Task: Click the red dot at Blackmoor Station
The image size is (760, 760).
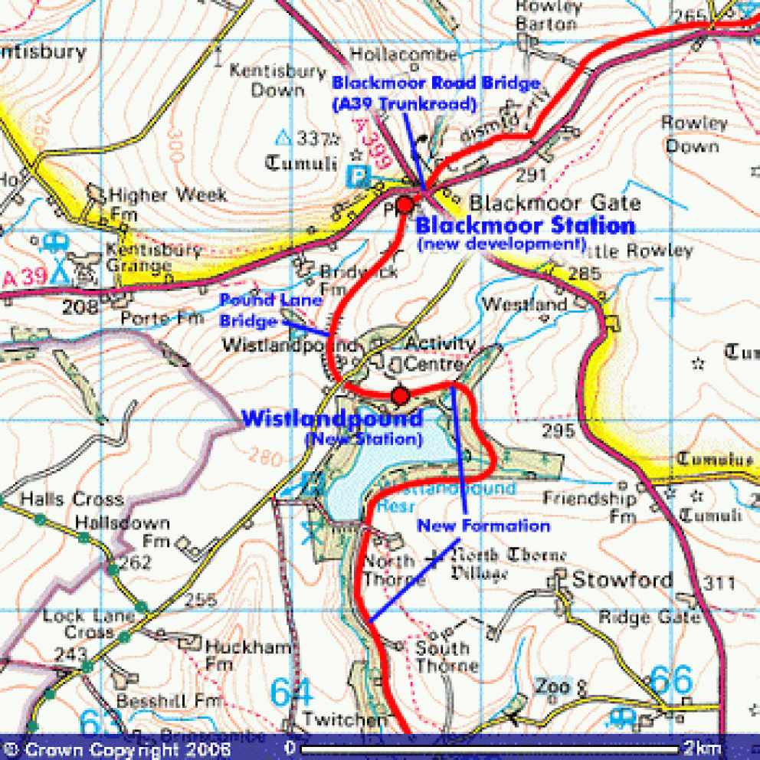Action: pos(405,205)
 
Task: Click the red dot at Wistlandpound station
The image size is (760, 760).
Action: pos(400,395)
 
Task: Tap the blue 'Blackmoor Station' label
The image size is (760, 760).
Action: pos(525,226)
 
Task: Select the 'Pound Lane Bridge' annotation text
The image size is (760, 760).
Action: pos(260,310)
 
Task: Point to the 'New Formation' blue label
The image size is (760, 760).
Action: pos(483,526)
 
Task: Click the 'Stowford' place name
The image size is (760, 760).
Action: pos(622,579)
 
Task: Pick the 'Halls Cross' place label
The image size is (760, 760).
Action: pos(72,500)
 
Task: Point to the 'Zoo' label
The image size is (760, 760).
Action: pos(553,686)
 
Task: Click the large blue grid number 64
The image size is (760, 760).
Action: pos(292,693)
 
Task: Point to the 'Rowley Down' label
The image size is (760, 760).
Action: pos(693,134)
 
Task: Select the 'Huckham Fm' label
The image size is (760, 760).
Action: pos(247,655)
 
